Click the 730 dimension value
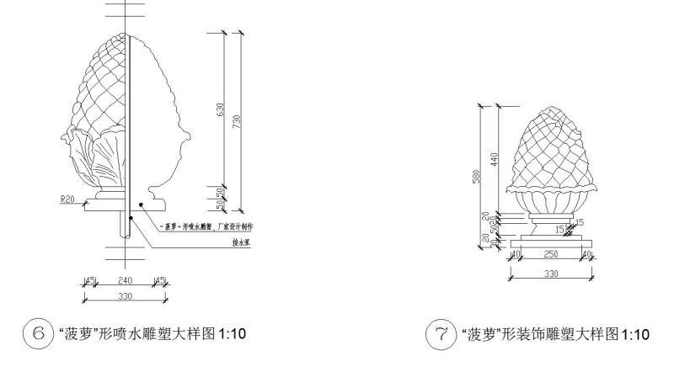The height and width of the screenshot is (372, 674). [239, 121]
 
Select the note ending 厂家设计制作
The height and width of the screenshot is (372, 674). [211, 226]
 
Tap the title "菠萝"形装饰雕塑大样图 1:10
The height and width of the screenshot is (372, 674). [552, 336]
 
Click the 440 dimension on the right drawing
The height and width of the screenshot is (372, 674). [496, 157]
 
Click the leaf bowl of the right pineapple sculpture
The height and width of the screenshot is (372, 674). [551, 201]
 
